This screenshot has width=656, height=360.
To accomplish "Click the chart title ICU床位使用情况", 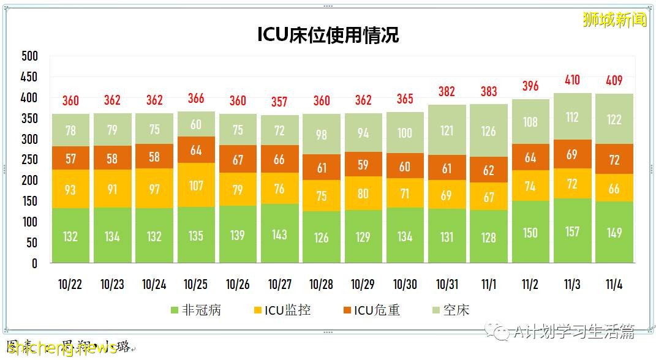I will pos(328,35).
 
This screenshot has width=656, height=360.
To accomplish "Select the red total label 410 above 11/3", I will pos(572,80).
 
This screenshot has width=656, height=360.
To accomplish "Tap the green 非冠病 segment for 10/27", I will pos(279,234).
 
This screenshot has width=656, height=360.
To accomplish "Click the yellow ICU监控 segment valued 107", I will pos(196,185).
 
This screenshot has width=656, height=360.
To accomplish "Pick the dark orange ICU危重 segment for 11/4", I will pos(614,160).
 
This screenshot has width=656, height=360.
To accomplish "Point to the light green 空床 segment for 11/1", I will pos(488,131).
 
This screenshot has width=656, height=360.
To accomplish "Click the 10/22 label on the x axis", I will pos(70,284).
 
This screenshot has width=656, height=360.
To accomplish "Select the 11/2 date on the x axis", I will pos(530,284).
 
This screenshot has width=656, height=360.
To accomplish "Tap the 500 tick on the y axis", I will pos(29,56).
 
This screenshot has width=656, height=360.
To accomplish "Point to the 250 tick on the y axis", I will pos(29,160).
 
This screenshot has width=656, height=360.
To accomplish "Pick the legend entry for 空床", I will pos(450,310).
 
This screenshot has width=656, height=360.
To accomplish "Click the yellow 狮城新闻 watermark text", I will pos(614,20).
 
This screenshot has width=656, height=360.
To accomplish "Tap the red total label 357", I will pos(279,102).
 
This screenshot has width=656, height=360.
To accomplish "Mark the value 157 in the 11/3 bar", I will pos(572,231).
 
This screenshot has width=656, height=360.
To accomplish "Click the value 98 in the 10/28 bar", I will pos(322,135).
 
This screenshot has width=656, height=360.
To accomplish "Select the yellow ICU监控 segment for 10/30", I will pos(405,193).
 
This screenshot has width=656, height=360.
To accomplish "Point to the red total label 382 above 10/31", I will pos(447,92).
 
